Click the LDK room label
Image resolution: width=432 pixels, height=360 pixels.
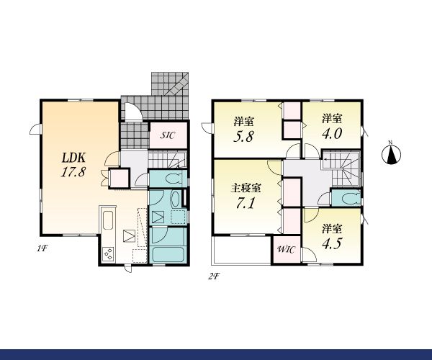click(73, 158)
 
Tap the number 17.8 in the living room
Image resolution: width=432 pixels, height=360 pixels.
click(73, 172)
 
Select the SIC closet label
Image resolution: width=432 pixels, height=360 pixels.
click(168, 135)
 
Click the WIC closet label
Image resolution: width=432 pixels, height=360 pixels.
click(287, 250)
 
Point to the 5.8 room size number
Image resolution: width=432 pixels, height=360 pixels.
click(243, 136)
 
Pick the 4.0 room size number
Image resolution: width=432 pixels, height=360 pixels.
click(332, 134)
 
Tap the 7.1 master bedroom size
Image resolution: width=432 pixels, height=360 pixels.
click(246, 203)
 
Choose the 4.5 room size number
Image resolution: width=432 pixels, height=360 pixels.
click(332, 243)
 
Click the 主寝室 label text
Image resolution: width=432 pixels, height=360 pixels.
click(246, 189)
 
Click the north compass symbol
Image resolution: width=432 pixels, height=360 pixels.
click(391, 154)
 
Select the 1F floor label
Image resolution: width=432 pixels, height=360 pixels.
click(42, 248)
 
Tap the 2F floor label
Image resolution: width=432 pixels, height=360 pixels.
click(214, 276)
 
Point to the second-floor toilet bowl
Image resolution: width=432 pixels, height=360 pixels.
click(350, 198)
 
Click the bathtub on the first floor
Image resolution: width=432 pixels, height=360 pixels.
click(168, 255)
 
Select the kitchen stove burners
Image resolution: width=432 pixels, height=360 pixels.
click(108, 254)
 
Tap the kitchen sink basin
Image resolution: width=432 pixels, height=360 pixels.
click(108, 220)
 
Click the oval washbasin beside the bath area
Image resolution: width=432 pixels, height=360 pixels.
click(175, 198)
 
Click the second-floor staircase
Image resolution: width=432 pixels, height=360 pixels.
click(341, 168)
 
